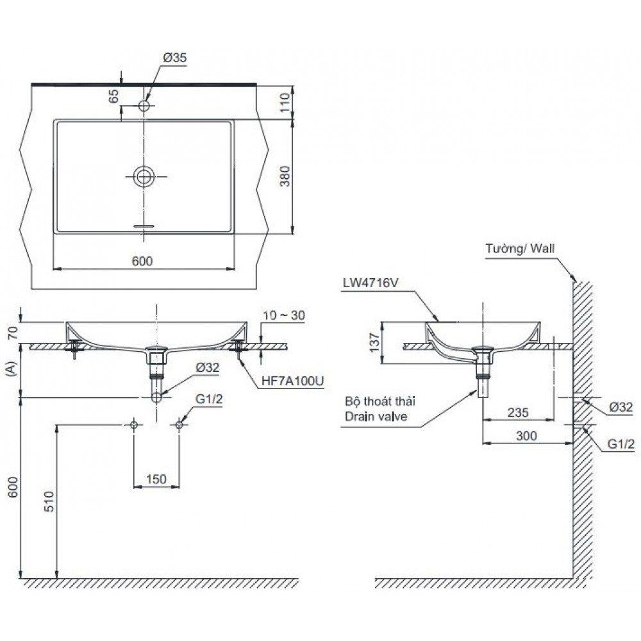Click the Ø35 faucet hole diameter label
174,57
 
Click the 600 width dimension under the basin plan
142,261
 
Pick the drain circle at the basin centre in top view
144,176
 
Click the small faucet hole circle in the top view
144,105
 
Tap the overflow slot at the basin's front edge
144,226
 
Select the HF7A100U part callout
292,381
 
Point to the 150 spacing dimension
156,478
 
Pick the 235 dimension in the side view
518,413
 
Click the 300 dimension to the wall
526,435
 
